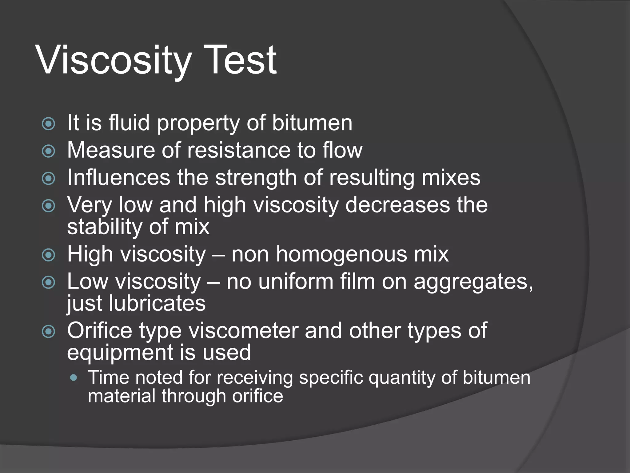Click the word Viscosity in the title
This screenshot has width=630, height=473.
click(114, 60)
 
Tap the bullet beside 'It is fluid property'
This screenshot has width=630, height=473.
click(49, 124)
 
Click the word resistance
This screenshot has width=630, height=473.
click(238, 150)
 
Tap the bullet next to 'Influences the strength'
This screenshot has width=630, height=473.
click(49, 178)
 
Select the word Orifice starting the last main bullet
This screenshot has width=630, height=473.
click(100, 331)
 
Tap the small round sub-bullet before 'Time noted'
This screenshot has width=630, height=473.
click(74, 378)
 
